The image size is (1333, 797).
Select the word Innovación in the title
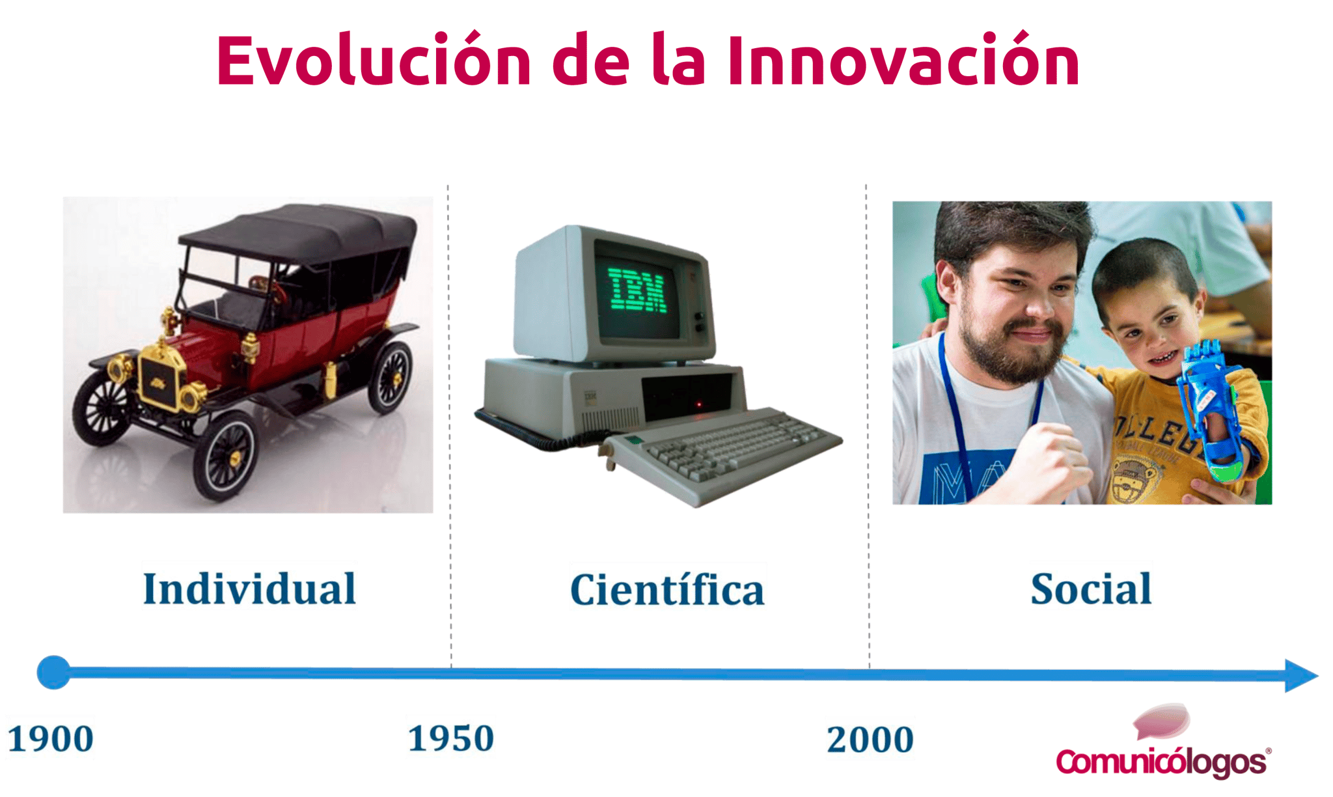[x=903, y=60]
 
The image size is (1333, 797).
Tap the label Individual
[x=249, y=589]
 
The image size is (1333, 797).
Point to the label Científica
[x=667, y=589]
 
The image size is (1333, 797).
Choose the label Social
[x=1091, y=589]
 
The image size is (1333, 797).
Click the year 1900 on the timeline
[x=51, y=739]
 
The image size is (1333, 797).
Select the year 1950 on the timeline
[x=451, y=738]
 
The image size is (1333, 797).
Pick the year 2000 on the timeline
[x=870, y=739]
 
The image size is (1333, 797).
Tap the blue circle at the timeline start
[x=53, y=672]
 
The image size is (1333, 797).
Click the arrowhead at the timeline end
[x=1300, y=676]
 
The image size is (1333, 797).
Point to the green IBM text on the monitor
[x=637, y=290]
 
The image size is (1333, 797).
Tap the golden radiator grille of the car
[x=159, y=382]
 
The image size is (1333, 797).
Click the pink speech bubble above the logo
[x=1163, y=721]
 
